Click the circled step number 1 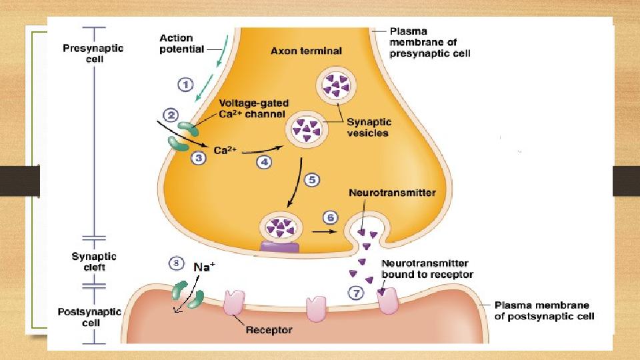pos(185,85)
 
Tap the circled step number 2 pos(171,115)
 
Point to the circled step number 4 pos(265,161)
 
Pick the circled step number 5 pos(312,180)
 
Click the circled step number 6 pos(330,217)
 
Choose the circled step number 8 pos(176,264)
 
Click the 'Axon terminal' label pos(306,51)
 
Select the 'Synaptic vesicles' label pos(369,127)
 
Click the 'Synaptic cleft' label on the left pos(93,262)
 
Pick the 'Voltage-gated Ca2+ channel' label pos(253,109)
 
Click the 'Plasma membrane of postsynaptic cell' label pos(543,310)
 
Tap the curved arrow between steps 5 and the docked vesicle pos(293,189)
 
